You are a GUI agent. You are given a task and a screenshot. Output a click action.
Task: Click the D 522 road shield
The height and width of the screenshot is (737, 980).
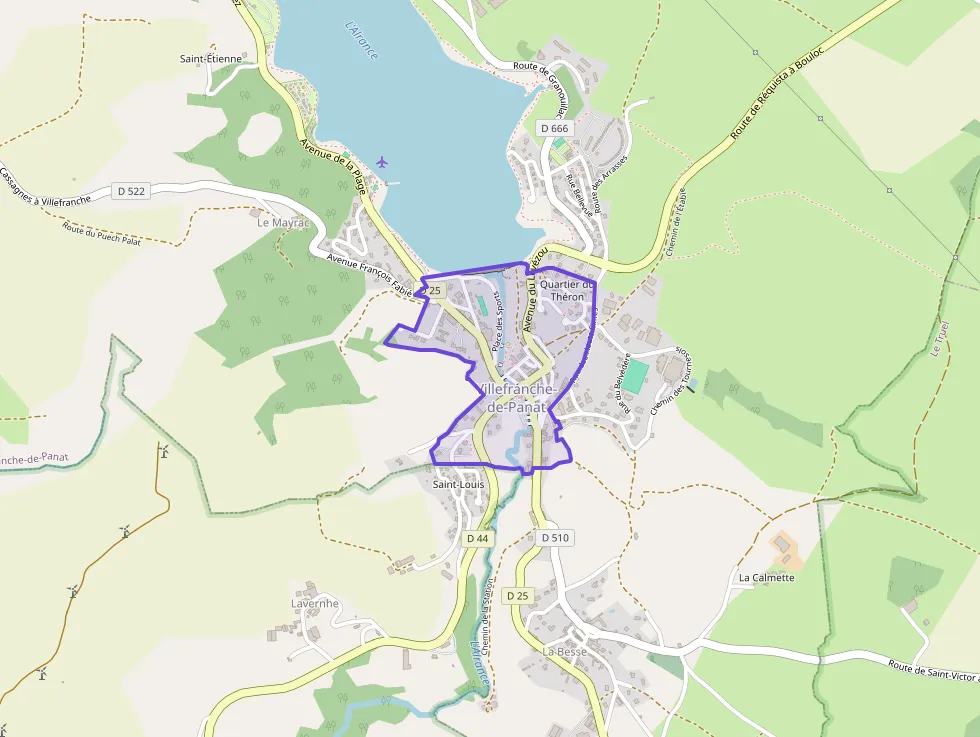pos(131,190)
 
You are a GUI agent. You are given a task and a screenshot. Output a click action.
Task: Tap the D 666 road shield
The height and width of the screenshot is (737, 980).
pos(554,128)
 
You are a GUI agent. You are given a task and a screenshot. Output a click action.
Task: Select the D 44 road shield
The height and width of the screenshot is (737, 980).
pos(478,538)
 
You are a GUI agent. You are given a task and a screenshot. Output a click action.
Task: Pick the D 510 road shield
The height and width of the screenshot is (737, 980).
pos(555,538)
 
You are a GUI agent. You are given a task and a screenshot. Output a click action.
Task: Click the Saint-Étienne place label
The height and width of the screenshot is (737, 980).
pos(211,59)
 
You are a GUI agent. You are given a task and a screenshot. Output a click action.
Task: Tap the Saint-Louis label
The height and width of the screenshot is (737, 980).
pos(458,485)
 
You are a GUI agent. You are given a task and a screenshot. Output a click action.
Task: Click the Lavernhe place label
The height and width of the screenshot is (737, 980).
pos(315,604)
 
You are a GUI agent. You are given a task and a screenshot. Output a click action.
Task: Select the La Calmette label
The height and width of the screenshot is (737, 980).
pos(766,577)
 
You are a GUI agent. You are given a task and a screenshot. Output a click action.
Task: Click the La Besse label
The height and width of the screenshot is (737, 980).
pos(565,651)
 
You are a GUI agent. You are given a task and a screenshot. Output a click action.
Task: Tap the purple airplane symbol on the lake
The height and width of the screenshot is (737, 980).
pos(382,161)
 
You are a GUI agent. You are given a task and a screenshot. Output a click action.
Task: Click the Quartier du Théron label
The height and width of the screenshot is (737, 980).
pos(567,290)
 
